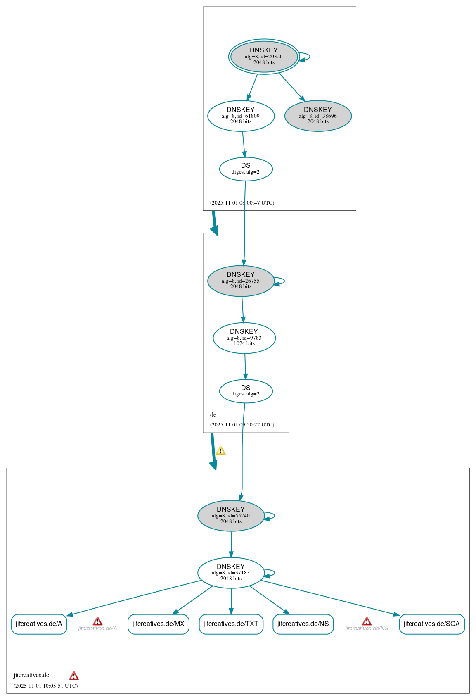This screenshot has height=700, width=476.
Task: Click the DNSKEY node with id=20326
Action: pos(264,57)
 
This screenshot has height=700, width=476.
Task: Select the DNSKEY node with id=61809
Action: pos(241,116)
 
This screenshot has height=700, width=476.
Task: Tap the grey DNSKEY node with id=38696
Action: pos(318,116)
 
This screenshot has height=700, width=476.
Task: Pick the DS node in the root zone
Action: pos(246,169)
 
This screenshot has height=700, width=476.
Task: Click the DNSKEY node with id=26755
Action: pos(241,281)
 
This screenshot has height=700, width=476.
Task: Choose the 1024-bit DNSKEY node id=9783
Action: pos(244,338)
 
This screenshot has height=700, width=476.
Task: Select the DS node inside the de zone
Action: pos(246,391)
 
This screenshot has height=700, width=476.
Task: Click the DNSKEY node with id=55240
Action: pos(231,515)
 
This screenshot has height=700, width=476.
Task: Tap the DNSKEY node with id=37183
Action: pos(231,572)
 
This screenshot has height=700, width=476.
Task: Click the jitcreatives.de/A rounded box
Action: pos(39,624)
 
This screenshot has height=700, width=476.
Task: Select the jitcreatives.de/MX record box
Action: pos(158,624)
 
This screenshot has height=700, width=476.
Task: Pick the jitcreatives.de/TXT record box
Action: pos(231,624)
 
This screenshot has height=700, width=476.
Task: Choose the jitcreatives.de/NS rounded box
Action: pos(303,624)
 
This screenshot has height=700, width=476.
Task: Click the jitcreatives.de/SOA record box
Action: pos(431,624)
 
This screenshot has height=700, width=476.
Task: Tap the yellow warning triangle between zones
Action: pos(221,451)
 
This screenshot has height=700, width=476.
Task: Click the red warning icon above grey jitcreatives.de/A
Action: pos(97,621)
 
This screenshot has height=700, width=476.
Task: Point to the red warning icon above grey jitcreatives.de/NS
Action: pos(367,621)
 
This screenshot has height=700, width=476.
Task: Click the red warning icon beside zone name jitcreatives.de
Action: pos(74,676)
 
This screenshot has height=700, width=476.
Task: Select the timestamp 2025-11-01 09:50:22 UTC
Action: pos(242,424)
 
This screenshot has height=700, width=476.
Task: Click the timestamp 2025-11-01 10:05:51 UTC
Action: pos(45,686)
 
